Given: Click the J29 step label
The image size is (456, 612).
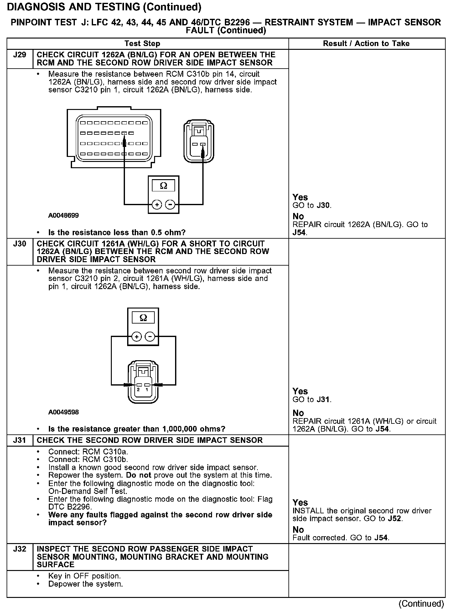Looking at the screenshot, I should (19, 55).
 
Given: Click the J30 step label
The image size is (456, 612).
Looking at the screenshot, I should (19, 244).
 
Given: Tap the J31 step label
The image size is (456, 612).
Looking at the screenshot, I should (19, 440).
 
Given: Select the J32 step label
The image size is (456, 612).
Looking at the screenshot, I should (19, 549).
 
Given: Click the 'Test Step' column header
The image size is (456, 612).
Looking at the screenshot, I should (142, 44).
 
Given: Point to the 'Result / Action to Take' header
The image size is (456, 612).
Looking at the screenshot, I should (366, 44).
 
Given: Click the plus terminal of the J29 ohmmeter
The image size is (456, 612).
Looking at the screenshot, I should (157, 205).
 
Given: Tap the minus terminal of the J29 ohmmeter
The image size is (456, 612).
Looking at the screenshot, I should (170, 205).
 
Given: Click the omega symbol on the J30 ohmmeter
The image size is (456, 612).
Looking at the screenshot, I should (143, 318).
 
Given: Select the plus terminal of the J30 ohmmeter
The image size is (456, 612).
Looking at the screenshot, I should (136, 337).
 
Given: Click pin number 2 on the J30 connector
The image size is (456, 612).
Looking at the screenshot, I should (138, 390).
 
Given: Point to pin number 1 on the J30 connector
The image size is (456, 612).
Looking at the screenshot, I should (147, 390).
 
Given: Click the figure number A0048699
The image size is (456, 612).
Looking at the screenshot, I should (63, 215).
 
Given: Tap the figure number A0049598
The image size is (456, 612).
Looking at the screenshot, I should (63, 412).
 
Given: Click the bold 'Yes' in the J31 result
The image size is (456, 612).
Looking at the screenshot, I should (300, 503).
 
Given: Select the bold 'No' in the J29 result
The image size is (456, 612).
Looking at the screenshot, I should (298, 216).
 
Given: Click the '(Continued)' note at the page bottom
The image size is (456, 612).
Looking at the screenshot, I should (421, 604).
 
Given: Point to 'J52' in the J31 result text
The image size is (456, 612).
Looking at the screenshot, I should (394, 519).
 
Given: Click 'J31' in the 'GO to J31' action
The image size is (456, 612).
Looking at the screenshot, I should (323, 400).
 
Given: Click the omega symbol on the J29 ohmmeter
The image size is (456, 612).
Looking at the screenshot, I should (163, 186).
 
